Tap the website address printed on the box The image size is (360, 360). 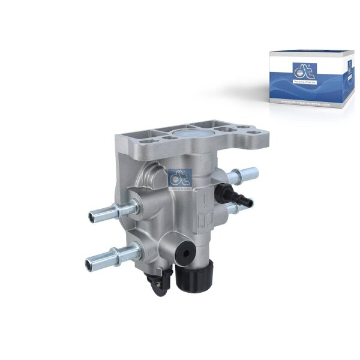[305, 103]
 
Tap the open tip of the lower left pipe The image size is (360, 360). [89, 262]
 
